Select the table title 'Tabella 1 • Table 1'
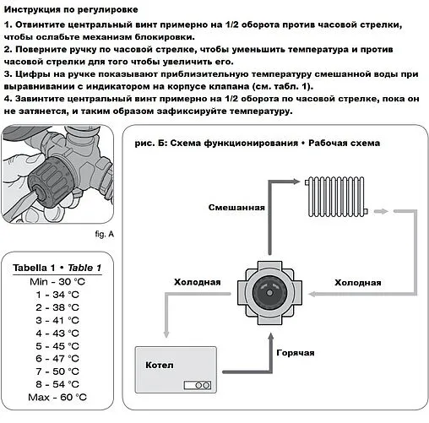57,268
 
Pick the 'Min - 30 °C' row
57,280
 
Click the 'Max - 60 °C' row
57,396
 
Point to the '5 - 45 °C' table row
57,344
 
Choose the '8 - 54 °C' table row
57,383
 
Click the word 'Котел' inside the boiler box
158,365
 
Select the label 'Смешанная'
237,207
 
